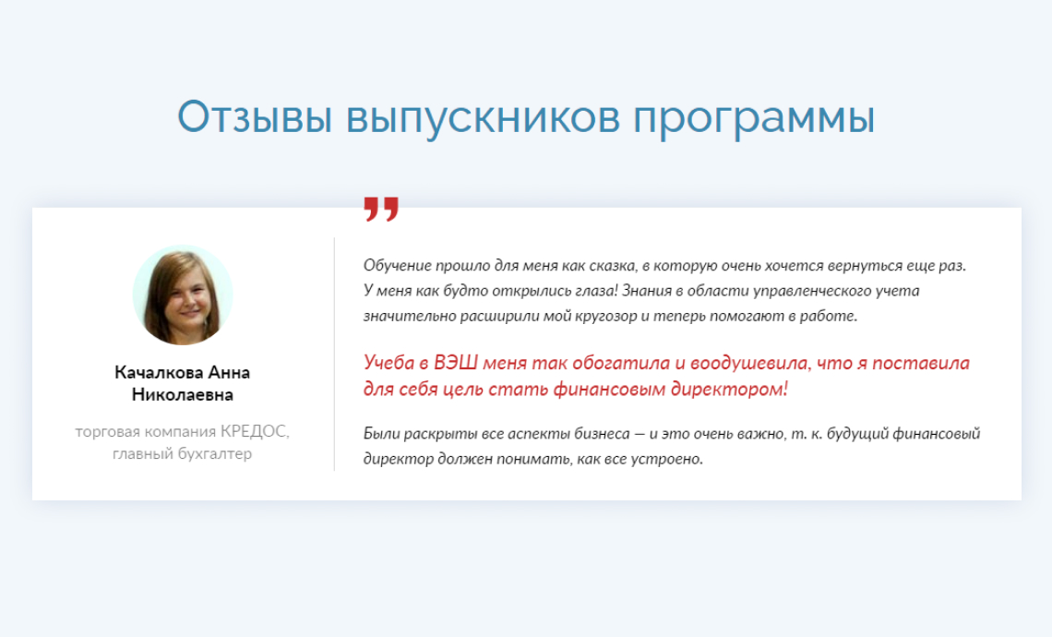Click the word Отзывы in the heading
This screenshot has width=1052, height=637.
click(255, 117)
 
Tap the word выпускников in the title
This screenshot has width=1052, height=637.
click(483, 119)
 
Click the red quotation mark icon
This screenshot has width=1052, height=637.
click(381, 209)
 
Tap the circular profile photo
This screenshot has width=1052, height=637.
click(183, 294)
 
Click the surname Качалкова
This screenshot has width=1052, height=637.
click(159, 373)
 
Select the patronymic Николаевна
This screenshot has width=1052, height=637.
click(183, 395)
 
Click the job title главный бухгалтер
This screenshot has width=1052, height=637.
click(183, 454)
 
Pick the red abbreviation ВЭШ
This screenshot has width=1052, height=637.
click(456, 363)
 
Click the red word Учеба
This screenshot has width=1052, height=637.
click(389, 363)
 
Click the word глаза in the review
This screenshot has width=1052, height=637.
click(596, 291)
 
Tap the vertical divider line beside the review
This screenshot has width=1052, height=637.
click(334, 354)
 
